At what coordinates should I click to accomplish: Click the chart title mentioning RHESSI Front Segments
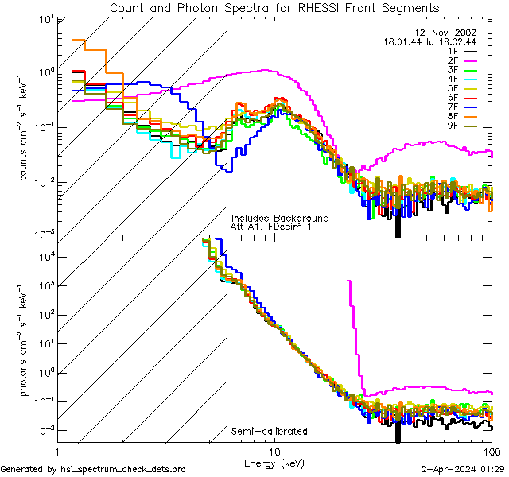(274, 8)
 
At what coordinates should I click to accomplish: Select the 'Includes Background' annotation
(279, 218)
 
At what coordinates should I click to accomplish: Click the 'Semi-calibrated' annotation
(269, 432)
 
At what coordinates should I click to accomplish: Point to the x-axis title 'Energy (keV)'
(274, 462)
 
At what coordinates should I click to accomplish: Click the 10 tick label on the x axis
(274, 450)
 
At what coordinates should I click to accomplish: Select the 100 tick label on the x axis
(491, 450)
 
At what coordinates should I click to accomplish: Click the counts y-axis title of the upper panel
(25, 127)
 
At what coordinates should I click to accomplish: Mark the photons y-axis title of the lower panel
(25, 342)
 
